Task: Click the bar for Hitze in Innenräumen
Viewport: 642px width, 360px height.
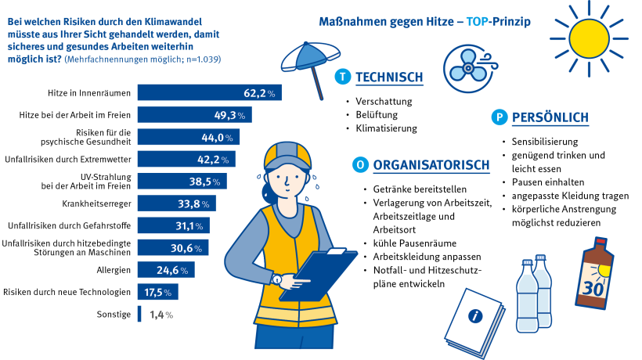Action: (x=209, y=93)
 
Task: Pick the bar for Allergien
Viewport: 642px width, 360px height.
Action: (x=166, y=270)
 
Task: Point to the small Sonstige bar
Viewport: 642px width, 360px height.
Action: (x=139, y=314)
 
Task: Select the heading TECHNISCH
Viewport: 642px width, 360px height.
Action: (x=389, y=77)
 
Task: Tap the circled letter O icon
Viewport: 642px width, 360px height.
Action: (x=359, y=165)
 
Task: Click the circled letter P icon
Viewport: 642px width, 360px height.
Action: (x=498, y=117)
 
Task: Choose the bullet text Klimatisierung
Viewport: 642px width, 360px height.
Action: (x=386, y=128)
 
